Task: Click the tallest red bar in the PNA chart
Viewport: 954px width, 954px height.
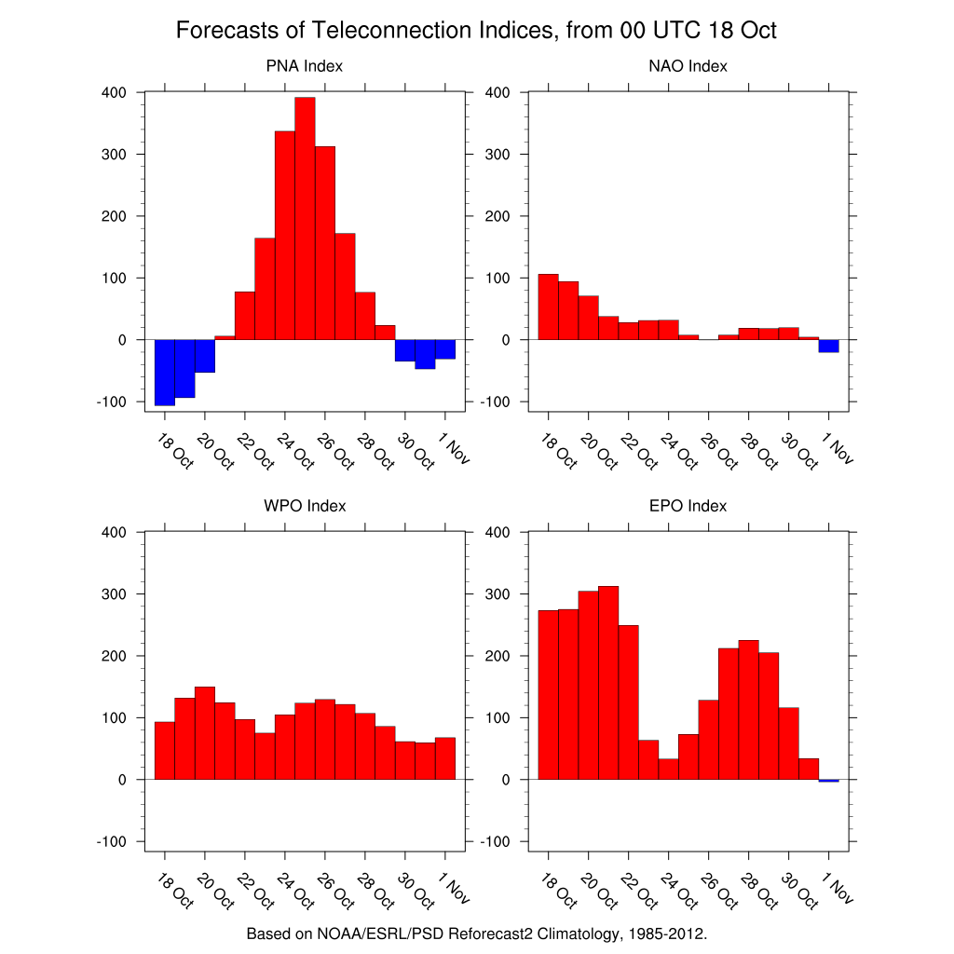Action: (x=305, y=218)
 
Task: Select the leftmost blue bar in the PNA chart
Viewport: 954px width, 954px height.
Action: (x=165, y=373)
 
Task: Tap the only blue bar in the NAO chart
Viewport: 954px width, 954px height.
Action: (x=828, y=346)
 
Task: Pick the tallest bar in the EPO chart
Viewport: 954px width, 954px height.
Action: (x=608, y=683)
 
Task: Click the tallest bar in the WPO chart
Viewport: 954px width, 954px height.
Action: (x=205, y=733)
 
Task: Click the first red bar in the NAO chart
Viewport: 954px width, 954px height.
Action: (x=548, y=307)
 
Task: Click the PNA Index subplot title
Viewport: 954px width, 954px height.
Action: (x=305, y=66)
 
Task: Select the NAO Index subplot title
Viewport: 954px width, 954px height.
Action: (x=688, y=66)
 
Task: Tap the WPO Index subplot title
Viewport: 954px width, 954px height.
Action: (x=305, y=506)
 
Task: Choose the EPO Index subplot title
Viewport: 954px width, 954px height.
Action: (x=688, y=506)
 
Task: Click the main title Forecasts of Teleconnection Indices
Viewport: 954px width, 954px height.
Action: (x=476, y=30)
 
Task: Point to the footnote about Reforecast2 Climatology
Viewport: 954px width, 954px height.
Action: (x=476, y=934)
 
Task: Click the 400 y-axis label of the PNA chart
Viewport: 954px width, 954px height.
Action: (x=114, y=92)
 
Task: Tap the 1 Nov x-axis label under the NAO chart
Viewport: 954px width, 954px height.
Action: (x=838, y=448)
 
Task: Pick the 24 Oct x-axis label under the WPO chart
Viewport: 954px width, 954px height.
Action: (x=295, y=892)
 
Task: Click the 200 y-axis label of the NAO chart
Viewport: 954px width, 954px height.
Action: (x=497, y=216)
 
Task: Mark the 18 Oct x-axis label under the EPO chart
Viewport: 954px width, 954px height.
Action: (x=559, y=892)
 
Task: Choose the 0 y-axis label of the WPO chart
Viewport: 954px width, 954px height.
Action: (x=122, y=780)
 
